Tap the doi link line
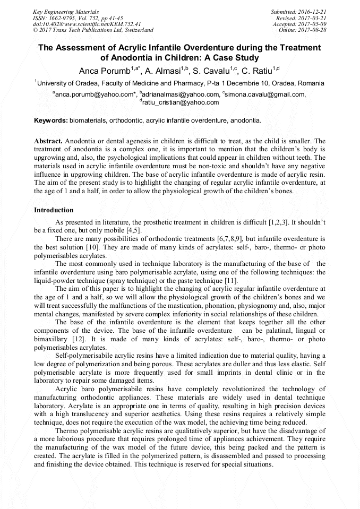click(87, 24)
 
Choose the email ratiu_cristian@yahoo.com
click(181, 102)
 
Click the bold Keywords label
click(51, 120)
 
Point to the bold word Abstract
click(48, 141)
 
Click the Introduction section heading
click(54, 210)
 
